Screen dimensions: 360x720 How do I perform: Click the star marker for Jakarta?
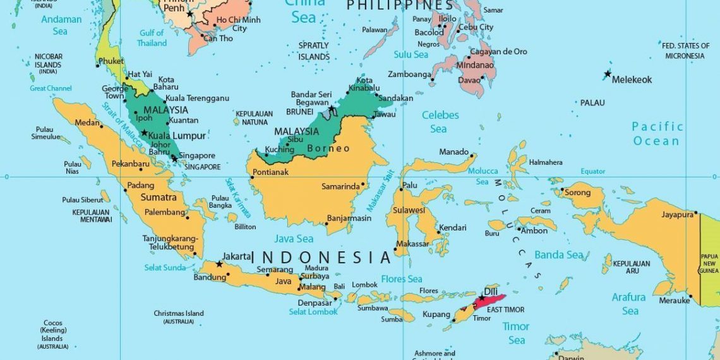[219, 264]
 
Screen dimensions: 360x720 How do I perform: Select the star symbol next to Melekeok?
[608, 75]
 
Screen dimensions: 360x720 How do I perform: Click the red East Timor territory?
[490, 302]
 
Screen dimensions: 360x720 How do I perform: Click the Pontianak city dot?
[251, 177]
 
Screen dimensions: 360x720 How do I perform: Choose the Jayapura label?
[678, 215]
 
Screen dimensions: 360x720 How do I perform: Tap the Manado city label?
[453, 152]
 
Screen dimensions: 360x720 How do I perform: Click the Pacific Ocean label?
[657, 134]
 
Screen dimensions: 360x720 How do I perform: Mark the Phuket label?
[111, 61]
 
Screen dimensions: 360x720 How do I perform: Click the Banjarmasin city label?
[350, 219]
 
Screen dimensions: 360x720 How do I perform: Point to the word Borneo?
[328, 148]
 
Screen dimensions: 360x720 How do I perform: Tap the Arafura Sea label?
[629, 304]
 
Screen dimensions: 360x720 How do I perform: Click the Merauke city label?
[674, 301]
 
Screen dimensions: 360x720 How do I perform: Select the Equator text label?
[593, 171]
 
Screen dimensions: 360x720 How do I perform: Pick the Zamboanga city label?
[409, 74]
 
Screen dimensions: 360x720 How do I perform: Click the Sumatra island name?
[158, 198]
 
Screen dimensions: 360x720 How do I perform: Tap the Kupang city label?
[436, 314]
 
